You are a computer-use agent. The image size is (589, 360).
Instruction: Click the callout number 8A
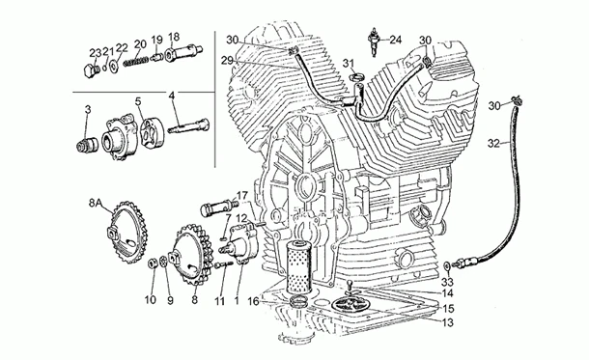96,203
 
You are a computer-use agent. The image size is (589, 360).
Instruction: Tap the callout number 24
395,40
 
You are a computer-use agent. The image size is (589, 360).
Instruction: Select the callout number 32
494,143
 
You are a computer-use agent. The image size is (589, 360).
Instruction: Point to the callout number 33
447,282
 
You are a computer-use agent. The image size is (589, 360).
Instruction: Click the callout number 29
227,61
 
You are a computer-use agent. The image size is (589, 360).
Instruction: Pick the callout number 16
254,301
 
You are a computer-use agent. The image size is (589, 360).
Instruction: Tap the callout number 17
242,195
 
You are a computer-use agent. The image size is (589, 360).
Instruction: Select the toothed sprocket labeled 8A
126,233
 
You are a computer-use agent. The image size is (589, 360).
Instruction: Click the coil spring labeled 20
135,61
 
